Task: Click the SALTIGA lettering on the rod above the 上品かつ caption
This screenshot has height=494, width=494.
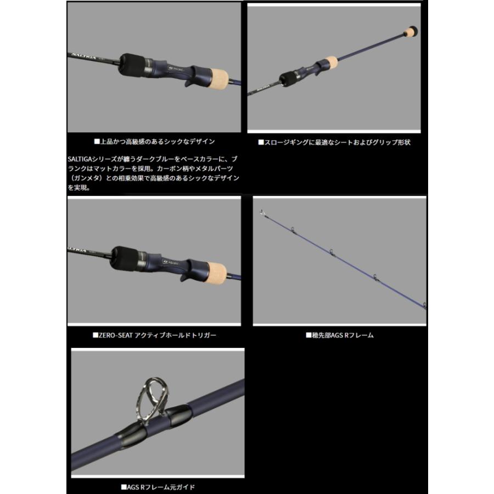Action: [82, 55]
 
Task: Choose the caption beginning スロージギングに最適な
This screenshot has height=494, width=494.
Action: [334, 142]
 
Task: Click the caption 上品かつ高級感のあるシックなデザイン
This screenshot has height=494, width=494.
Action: [154, 141]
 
